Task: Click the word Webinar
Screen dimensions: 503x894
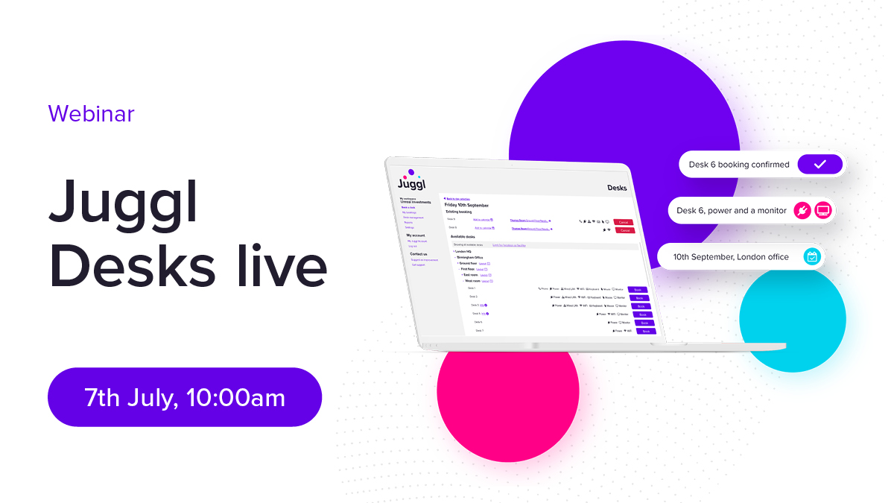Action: coord(91,113)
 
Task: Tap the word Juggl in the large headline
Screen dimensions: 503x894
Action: coord(124,202)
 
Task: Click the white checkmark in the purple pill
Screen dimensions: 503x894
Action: coord(819,165)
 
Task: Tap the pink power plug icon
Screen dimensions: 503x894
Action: coord(802,211)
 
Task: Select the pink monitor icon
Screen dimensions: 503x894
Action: coord(822,211)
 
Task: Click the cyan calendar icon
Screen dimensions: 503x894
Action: coord(812,257)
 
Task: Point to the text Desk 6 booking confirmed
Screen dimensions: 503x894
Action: coord(738,165)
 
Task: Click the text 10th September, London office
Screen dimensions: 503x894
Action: coord(731,257)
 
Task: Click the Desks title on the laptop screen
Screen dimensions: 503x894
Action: coord(618,188)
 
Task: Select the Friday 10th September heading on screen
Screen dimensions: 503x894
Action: coord(466,205)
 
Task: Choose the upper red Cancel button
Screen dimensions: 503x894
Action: coord(623,222)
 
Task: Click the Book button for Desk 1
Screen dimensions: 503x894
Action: coord(638,289)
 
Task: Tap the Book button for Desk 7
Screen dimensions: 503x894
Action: coord(646,331)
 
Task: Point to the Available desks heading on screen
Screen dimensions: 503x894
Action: coord(468,236)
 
